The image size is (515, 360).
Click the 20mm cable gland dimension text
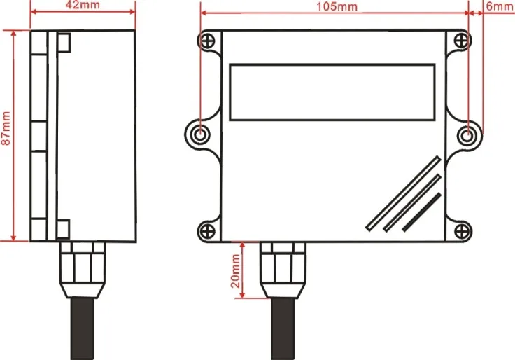pyautogui.click(x=235, y=272)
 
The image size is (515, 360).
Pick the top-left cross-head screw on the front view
pyautogui.click(x=209, y=41)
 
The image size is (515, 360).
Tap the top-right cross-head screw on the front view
pyautogui.click(x=460, y=41)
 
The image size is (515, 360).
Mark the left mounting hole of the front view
pyautogui.click(x=200, y=134)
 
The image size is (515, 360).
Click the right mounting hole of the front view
pyautogui.click(x=469, y=134)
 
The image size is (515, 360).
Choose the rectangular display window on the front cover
pyautogui.click(x=332, y=91)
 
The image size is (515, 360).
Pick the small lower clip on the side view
pyautogui.click(x=63, y=228)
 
